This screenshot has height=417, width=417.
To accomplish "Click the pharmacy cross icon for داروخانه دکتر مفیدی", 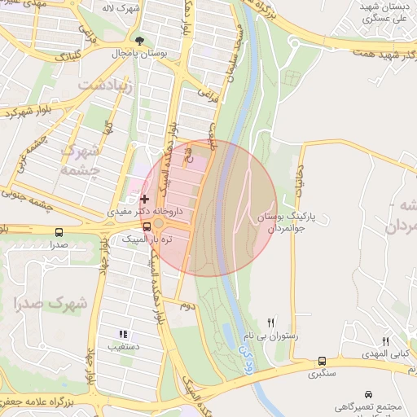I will tap(145, 198).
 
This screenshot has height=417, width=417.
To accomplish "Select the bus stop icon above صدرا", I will tap(59, 232).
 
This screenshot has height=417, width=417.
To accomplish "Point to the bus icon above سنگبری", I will tap(323, 361).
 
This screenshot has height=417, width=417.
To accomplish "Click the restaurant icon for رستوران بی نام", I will tap(271, 323).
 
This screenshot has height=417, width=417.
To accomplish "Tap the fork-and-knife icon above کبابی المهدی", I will tap(386, 341).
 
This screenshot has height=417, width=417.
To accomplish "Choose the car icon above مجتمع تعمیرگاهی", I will tap(370, 393).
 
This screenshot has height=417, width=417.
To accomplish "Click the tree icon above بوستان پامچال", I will tap(140, 40).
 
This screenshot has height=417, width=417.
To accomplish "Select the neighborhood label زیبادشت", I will tap(103, 83).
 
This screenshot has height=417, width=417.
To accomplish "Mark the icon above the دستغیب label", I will tap(123, 334).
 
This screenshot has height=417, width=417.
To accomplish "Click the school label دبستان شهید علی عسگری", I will tap(382, 11).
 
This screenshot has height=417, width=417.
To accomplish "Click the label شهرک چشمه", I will tap(81, 160).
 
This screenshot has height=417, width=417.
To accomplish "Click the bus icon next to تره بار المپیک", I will tap(146, 227).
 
